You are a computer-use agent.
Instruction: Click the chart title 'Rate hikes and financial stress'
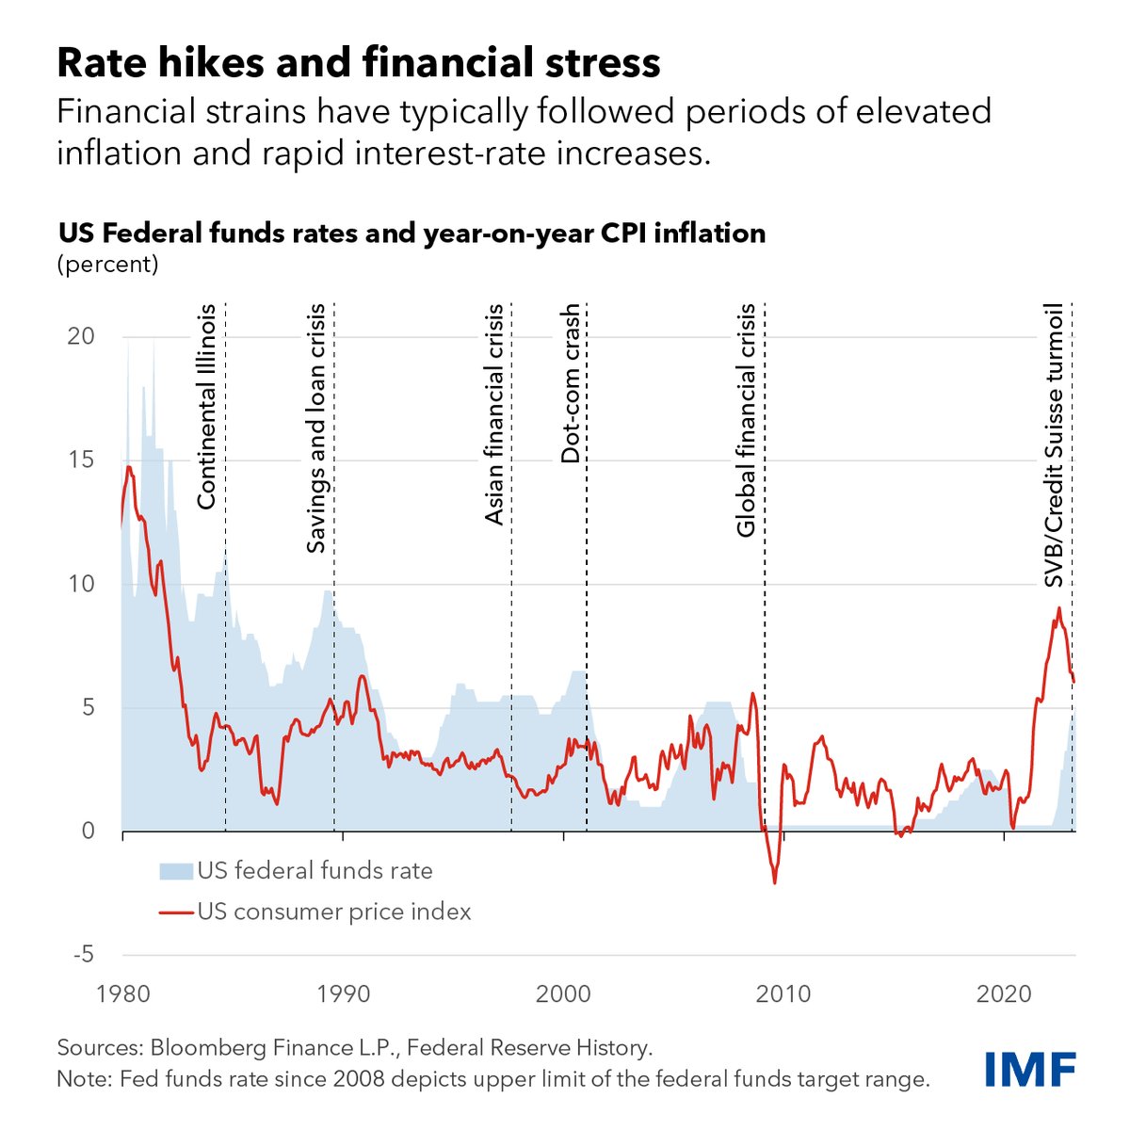pyautogui.click(x=359, y=63)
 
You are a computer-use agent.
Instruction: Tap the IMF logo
pyautogui.click(x=1030, y=1069)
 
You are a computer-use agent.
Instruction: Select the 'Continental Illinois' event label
pyautogui.click(x=207, y=406)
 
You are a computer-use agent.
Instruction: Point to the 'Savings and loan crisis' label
pyautogui.click(x=316, y=428)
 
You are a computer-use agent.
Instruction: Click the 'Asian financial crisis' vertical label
pyautogui.click(x=494, y=414)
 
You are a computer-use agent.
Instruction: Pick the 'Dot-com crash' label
pyautogui.click(x=571, y=383)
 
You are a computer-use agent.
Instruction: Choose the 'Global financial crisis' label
pyautogui.click(x=747, y=420)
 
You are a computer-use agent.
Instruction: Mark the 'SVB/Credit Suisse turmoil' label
pyautogui.click(x=1055, y=444)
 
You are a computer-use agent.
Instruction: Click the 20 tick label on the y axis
pyautogui.click(x=82, y=337)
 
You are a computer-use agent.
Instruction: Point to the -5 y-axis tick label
pyautogui.click(x=83, y=955)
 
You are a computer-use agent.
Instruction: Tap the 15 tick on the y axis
pyautogui.click(x=82, y=460)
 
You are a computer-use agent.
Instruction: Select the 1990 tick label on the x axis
pyautogui.click(x=343, y=994)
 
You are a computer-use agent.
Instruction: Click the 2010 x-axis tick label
pyautogui.click(x=783, y=994)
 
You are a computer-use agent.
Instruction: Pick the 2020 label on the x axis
pyautogui.click(x=1004, y=994)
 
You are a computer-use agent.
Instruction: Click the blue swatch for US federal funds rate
pyautogui.click(x=175, y=871)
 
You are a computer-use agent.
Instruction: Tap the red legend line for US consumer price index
pyautogui.click(x=175, y=912)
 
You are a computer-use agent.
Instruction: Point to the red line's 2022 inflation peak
pyautogui.click(x=1059, y=608)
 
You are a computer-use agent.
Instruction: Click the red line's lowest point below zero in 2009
pyautogui.click(x=775, y=882)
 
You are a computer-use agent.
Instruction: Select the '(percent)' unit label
pyautogui.click(x=108, y=265)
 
